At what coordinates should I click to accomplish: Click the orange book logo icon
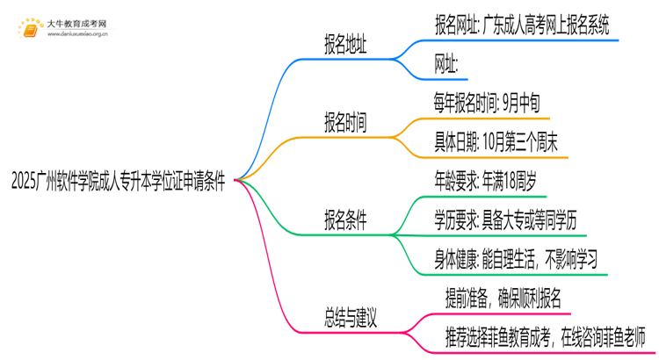31,29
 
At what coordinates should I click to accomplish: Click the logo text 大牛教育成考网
76,23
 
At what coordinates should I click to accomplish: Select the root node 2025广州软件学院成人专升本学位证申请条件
118,182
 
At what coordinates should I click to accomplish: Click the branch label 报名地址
346,43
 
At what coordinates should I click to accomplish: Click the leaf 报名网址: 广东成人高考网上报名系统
525,25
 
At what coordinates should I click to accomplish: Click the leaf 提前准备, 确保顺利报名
509,297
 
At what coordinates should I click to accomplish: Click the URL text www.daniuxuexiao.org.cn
78,35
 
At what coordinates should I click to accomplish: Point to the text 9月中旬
526,104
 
